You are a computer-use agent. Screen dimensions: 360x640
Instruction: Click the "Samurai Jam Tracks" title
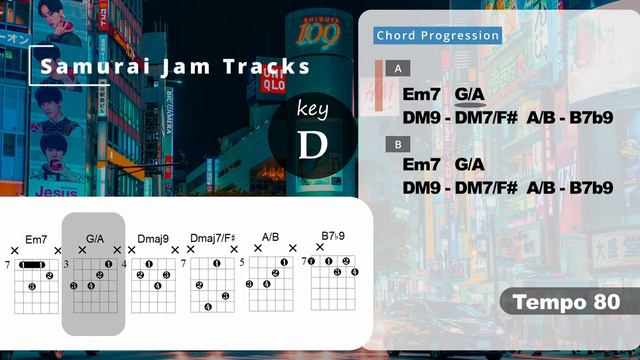click(175, 68)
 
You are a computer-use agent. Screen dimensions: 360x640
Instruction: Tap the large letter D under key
click(313, 144)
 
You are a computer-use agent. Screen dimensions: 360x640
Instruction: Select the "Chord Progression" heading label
click(438, 36)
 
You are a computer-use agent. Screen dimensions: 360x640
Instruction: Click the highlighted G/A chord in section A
click(470, 94)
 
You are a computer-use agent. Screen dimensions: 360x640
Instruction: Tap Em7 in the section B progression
click(421, 163)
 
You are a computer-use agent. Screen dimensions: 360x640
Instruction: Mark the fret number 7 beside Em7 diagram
click(7, 265)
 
